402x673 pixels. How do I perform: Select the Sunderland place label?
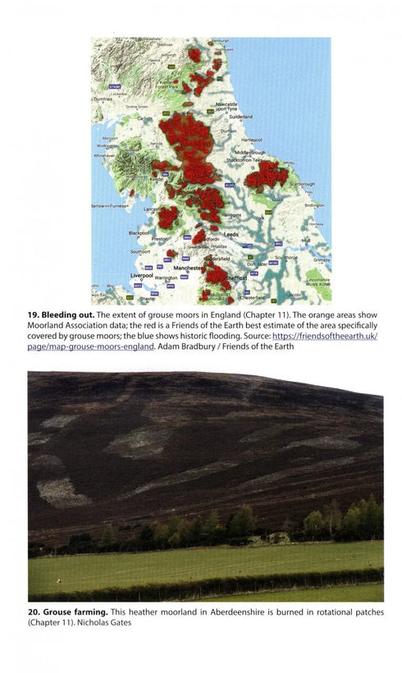[240, 117]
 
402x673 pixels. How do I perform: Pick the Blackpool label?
[139, 232]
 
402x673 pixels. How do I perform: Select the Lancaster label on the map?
[153, 210]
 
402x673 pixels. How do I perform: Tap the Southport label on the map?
[140, 251]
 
